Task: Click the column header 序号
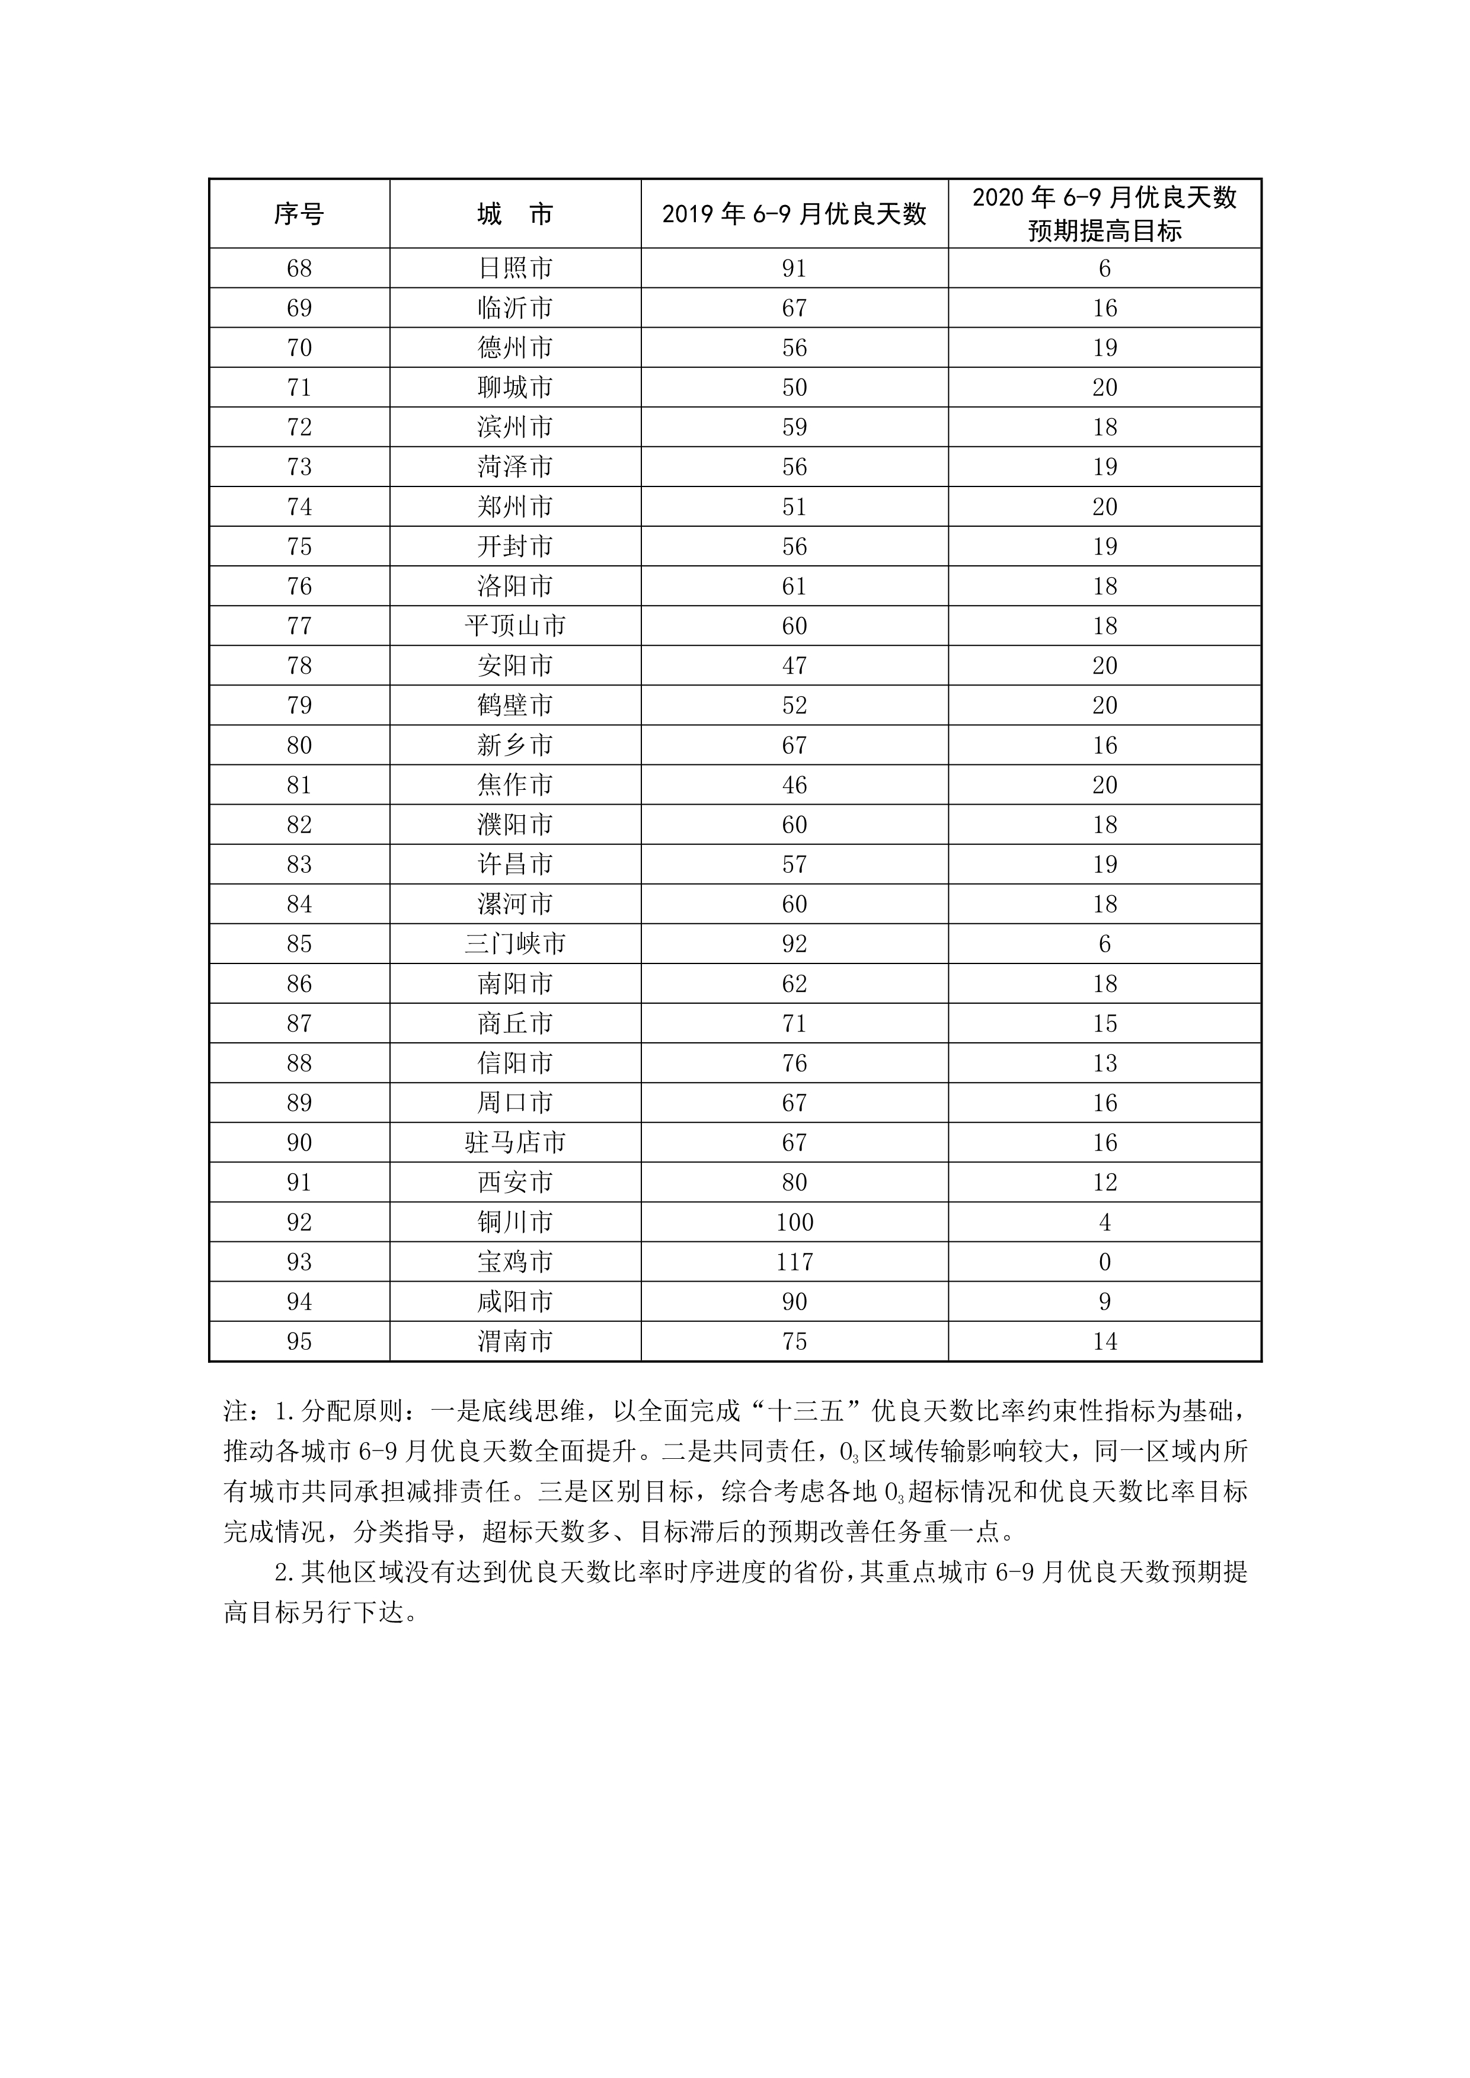click(x=299, y=214)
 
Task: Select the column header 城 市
click(x=515, y=214)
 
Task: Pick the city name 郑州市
click(x=515, y=507)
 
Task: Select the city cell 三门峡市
click(x=515, y=944)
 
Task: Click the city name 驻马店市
click(x=515, y=1143)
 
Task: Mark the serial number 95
click(x=299, y=1341)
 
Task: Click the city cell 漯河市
click(x=515, y=904)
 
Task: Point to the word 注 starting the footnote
click(x=235, y=1411)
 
